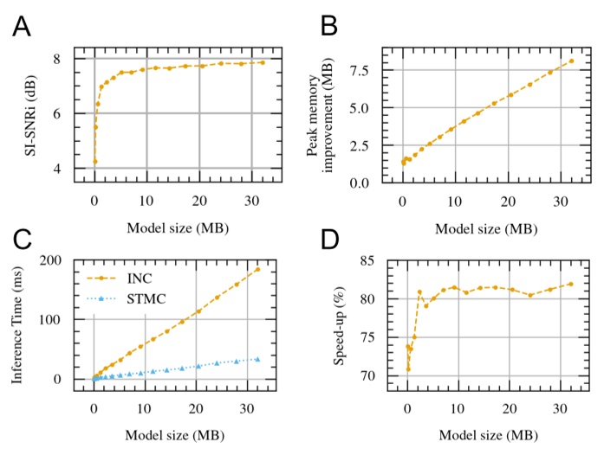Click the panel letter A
[x=23, y=28]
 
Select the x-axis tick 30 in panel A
[x=250, y=201]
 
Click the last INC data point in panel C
[x=257, y=269]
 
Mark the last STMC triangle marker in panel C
[x=257, y=359]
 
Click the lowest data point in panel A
[x=94, y=162]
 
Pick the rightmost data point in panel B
[x=571, y=61]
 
